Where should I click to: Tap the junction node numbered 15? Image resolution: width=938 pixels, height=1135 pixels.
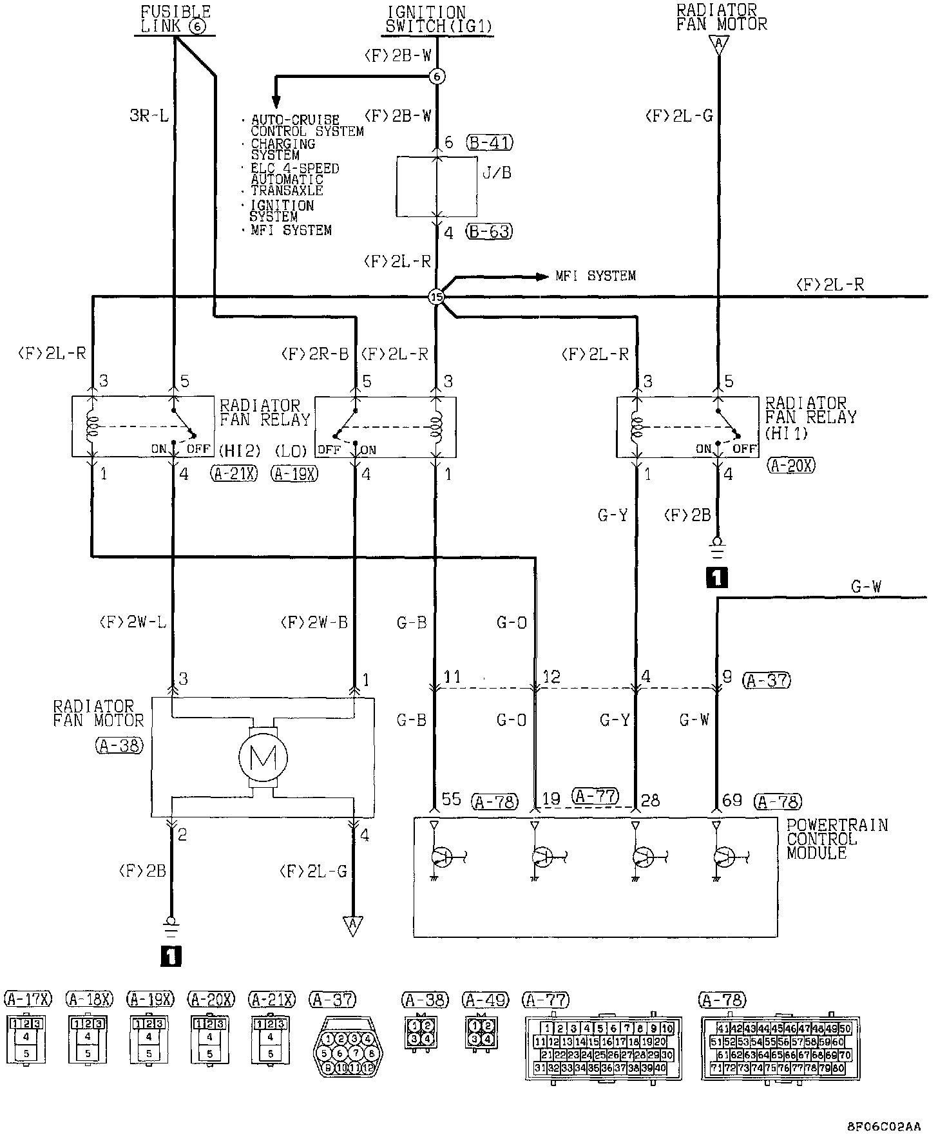point(436,297)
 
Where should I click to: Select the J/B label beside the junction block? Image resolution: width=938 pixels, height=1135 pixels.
point(496,173)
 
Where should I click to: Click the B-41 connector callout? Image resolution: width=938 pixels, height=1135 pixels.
point(491,142)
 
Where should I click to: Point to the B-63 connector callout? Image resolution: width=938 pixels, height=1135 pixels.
point(490,231)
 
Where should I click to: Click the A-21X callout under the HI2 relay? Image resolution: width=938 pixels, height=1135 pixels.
point(234,474)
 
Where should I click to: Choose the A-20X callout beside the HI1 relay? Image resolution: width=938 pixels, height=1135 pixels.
point(791,465)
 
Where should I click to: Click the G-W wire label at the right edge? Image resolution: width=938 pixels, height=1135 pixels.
point(866,587)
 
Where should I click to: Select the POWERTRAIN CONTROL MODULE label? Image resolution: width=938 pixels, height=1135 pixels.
point(837,839)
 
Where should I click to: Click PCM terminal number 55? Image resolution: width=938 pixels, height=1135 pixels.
point(452,799)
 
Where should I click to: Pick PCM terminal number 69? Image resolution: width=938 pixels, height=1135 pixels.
point(732,800)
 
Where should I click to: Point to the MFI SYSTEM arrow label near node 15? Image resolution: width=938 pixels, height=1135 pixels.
point(595,276)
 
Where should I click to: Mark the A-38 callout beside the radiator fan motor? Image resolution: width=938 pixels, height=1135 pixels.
point(119,745)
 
